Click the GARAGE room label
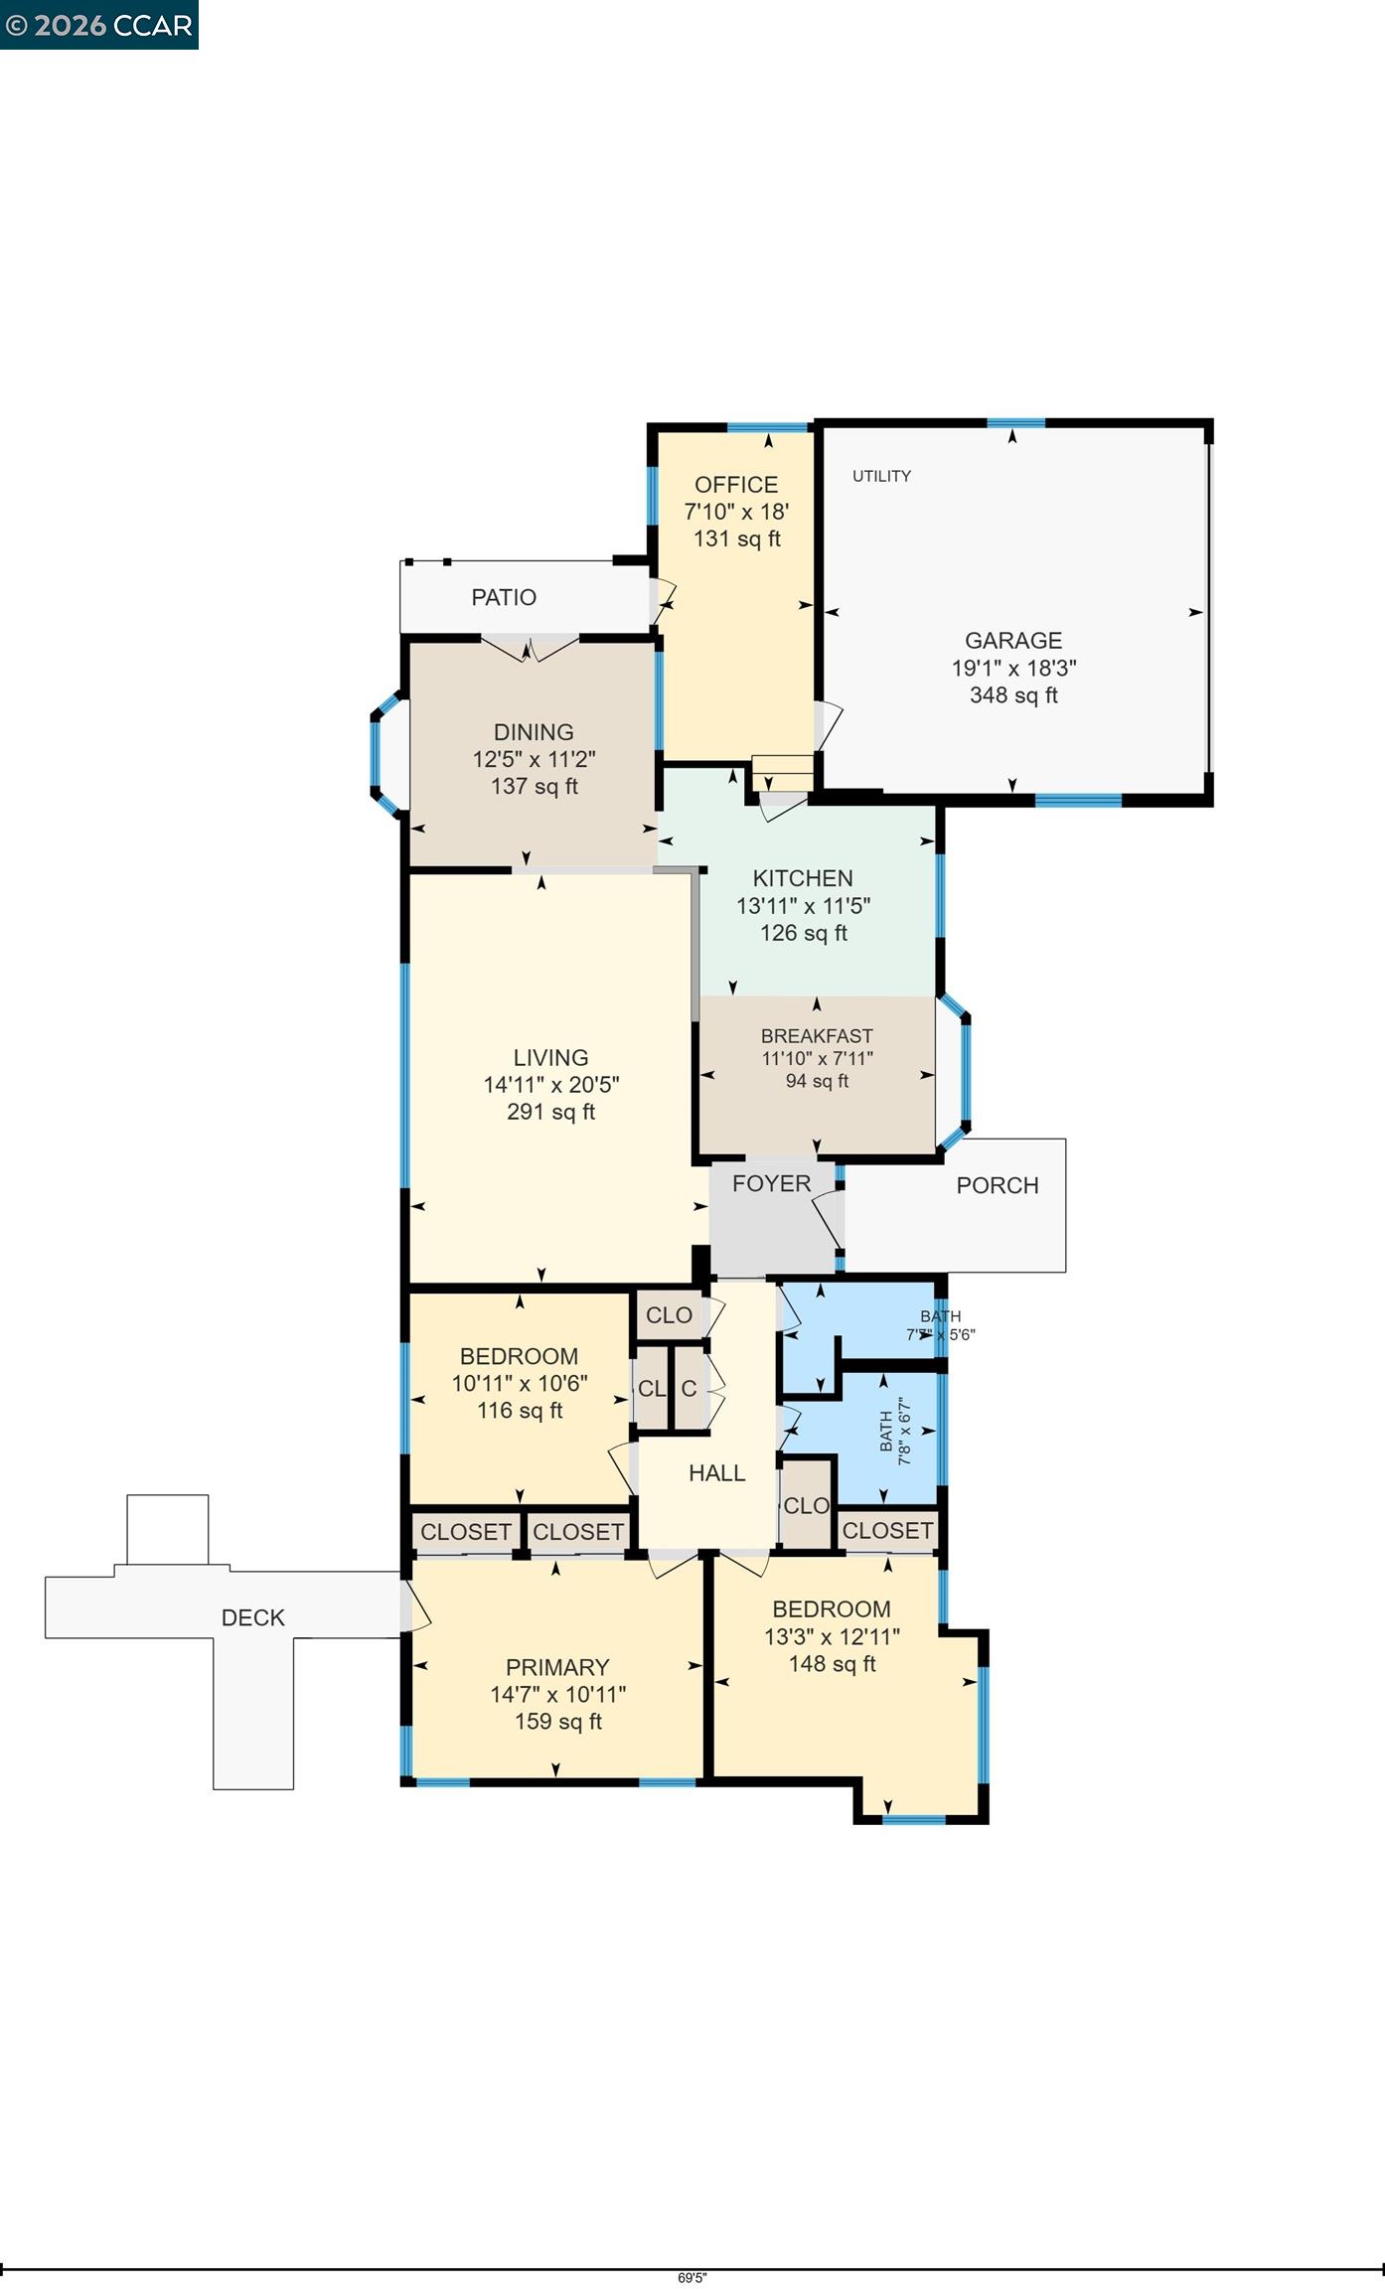[1012, 641]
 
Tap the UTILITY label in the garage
[881, 476]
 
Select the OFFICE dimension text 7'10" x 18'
[736, 512]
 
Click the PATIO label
[504, 597]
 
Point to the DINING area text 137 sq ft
[534, 787]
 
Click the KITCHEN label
[803, 878]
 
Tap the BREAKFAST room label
[817, 1036]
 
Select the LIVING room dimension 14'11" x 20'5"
[550, 1085]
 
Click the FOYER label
[771, 1183]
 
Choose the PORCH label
[998, 1185]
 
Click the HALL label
[716, 1473]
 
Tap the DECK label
[253, 1617]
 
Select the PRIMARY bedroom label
[557, 1667]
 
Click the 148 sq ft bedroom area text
[832, 1663]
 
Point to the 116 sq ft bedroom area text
[520, 1410]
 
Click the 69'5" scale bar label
[692, 2278]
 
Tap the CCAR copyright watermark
[98, 25]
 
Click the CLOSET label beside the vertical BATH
[887, 1530]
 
